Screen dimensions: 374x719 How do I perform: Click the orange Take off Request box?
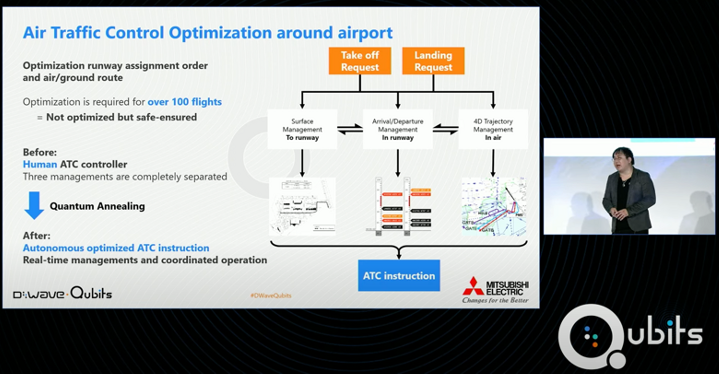point(359,61)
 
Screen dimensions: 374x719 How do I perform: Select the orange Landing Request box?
point(433,61)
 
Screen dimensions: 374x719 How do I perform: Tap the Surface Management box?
point(302,129)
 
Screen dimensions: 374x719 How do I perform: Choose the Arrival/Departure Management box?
point(397,129)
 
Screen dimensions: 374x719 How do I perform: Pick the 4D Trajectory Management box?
point(493,129)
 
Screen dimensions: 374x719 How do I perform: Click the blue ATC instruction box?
point(398,275)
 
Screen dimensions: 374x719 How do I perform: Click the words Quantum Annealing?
point(97,206)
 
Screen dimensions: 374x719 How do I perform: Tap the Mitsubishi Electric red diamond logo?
point(472,286)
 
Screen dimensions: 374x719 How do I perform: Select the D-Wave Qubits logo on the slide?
point(62,293)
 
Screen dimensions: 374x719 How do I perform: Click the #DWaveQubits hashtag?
point(271,295)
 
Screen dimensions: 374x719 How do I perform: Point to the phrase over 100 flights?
point(184,102)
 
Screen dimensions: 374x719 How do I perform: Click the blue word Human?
point(40,164)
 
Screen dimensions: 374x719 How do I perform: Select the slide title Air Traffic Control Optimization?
point(208,33)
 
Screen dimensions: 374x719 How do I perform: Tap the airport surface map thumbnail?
point(302,206)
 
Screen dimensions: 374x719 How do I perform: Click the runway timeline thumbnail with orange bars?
point(397,206)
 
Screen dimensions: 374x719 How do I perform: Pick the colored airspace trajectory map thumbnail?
point(493,206)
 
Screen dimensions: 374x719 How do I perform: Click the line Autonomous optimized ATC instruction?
point(116,248)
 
